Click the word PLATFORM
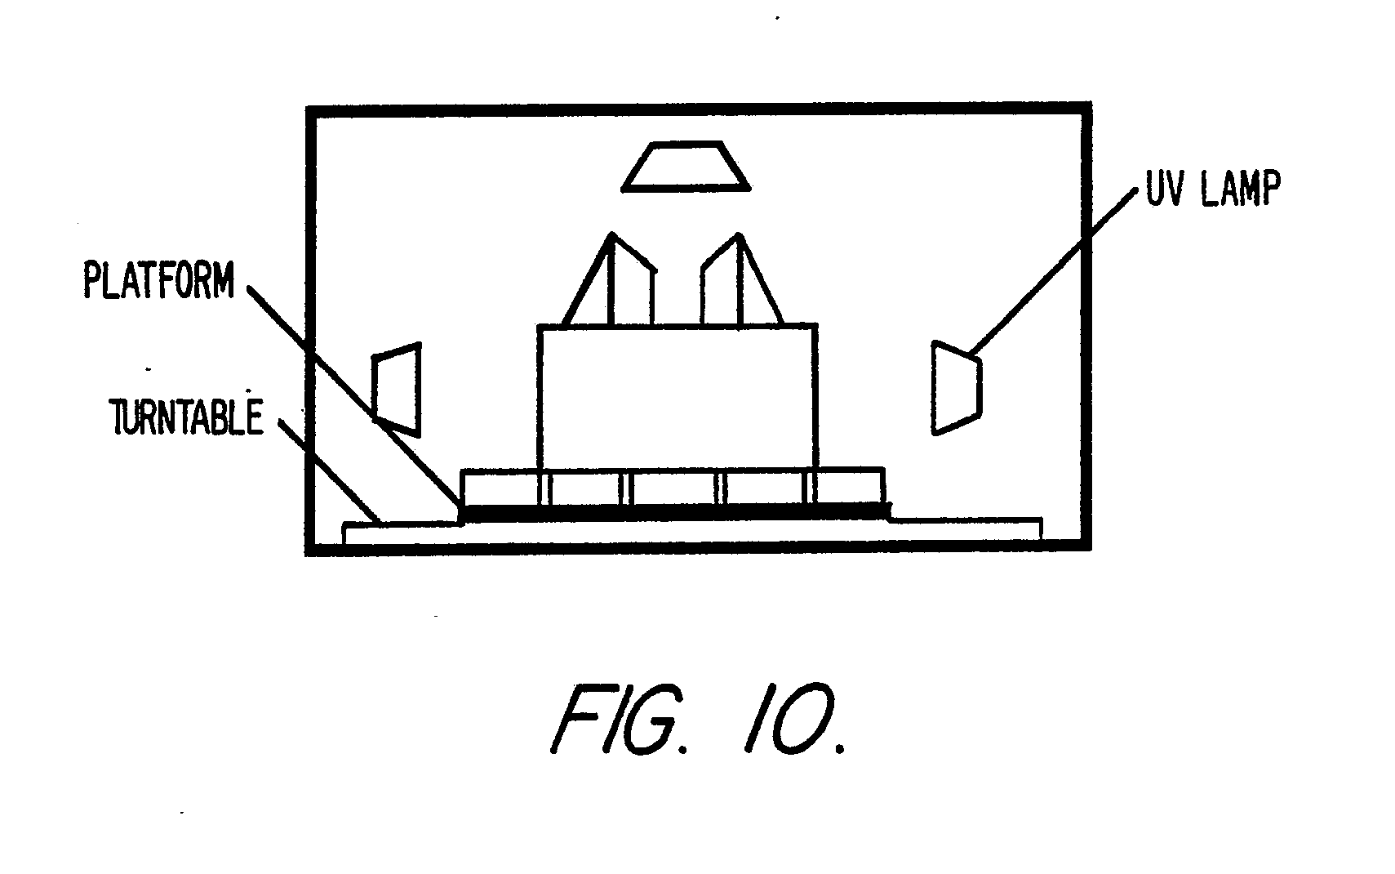click(158, 281)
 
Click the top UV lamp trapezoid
click(686, 167)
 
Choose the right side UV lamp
click(956, 387)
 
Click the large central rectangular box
click(677, 397)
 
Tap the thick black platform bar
click(676, 512)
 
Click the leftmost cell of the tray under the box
click(500, 487)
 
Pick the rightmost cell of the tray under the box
click(849, 487)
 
